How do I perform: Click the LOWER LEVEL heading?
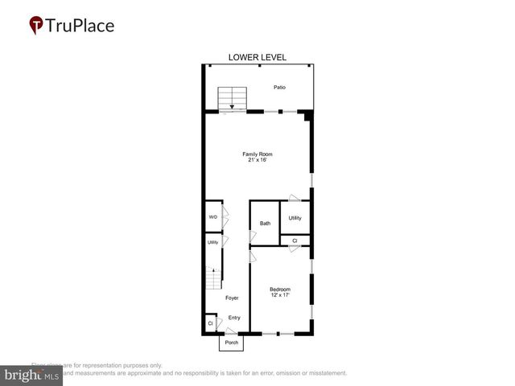(257, 58)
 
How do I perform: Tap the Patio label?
(279, 88)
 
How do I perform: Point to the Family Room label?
(257, 154)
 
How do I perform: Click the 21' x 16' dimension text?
(257, 160)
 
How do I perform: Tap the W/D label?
(213, 217)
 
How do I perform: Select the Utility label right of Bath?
(295, 218)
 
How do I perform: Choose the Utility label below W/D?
(213, 242)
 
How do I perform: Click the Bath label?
(265, 223)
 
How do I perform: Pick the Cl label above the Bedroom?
(295, 240)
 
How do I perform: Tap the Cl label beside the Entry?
(210, 323)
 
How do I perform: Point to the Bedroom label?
(280, 289)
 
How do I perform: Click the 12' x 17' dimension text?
(280, 295)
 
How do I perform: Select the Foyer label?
(232, 298)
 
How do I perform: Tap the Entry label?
(234, 318)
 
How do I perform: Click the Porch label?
(232, 343)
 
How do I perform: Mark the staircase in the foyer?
(212, 280)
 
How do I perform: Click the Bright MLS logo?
(31, 376)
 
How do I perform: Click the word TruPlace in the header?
(81, 26)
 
